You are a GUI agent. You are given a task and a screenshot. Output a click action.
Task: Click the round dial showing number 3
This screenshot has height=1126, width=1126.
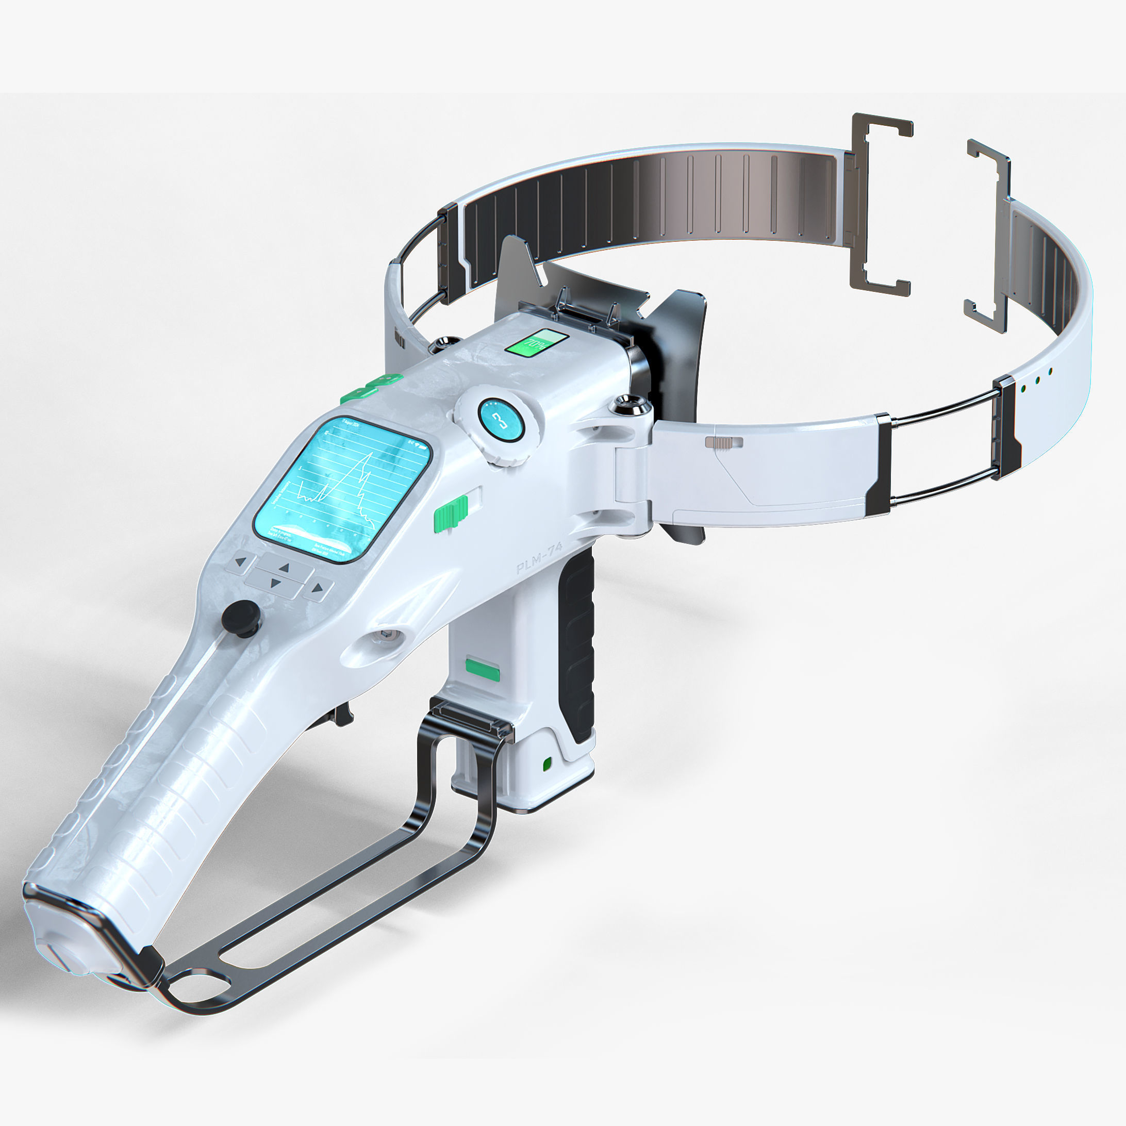(501, 420)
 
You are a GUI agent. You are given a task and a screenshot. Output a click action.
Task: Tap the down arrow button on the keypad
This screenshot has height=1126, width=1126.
(276, 582)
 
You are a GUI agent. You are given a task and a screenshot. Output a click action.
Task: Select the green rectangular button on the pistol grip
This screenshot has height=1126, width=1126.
(483, 670)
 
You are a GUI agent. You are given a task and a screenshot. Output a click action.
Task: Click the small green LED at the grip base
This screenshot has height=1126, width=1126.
(547, 764)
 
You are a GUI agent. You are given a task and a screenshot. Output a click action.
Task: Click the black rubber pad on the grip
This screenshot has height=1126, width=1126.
(577, 647)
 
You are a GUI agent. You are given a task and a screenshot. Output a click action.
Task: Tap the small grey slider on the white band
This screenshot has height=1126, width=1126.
(724, 443)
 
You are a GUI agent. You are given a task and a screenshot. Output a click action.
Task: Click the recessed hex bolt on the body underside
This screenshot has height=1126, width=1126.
(386, 634)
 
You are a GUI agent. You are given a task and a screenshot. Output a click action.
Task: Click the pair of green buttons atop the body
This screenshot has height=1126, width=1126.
(372, 387)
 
